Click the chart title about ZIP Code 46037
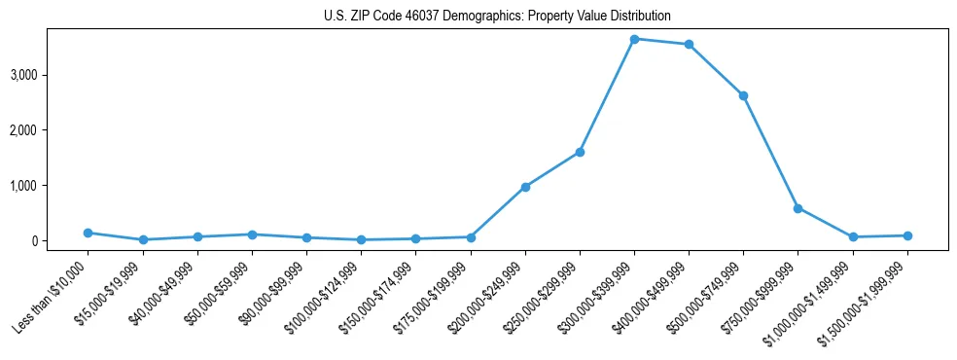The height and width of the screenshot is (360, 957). point(497,17)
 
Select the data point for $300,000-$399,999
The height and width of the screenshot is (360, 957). point(634,39)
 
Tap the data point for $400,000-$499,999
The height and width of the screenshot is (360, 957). point(689,45)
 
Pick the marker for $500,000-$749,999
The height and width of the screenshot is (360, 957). point(743,95)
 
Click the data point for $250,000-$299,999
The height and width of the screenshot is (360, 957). point(580,152)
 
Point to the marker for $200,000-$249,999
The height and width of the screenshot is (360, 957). point(525,187)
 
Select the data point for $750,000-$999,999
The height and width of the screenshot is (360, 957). point(797,208)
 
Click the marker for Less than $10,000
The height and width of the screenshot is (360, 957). point(88,233)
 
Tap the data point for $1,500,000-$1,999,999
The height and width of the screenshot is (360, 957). point(907,235)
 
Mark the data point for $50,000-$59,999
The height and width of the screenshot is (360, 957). point(252,234)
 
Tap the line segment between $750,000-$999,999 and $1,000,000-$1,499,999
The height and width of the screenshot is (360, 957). point(825,223)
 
